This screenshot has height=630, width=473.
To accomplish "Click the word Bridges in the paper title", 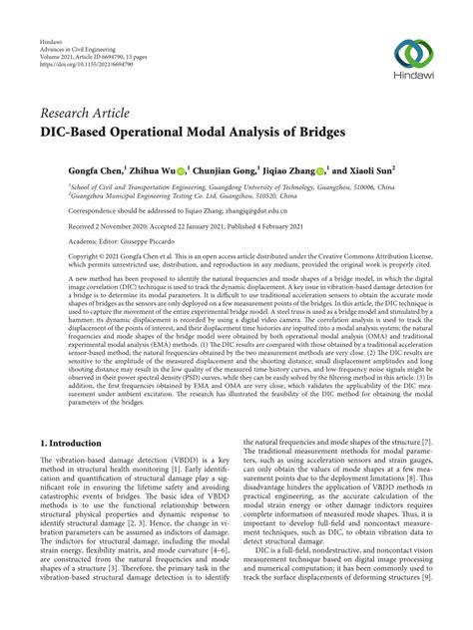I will tap(318, 131).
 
